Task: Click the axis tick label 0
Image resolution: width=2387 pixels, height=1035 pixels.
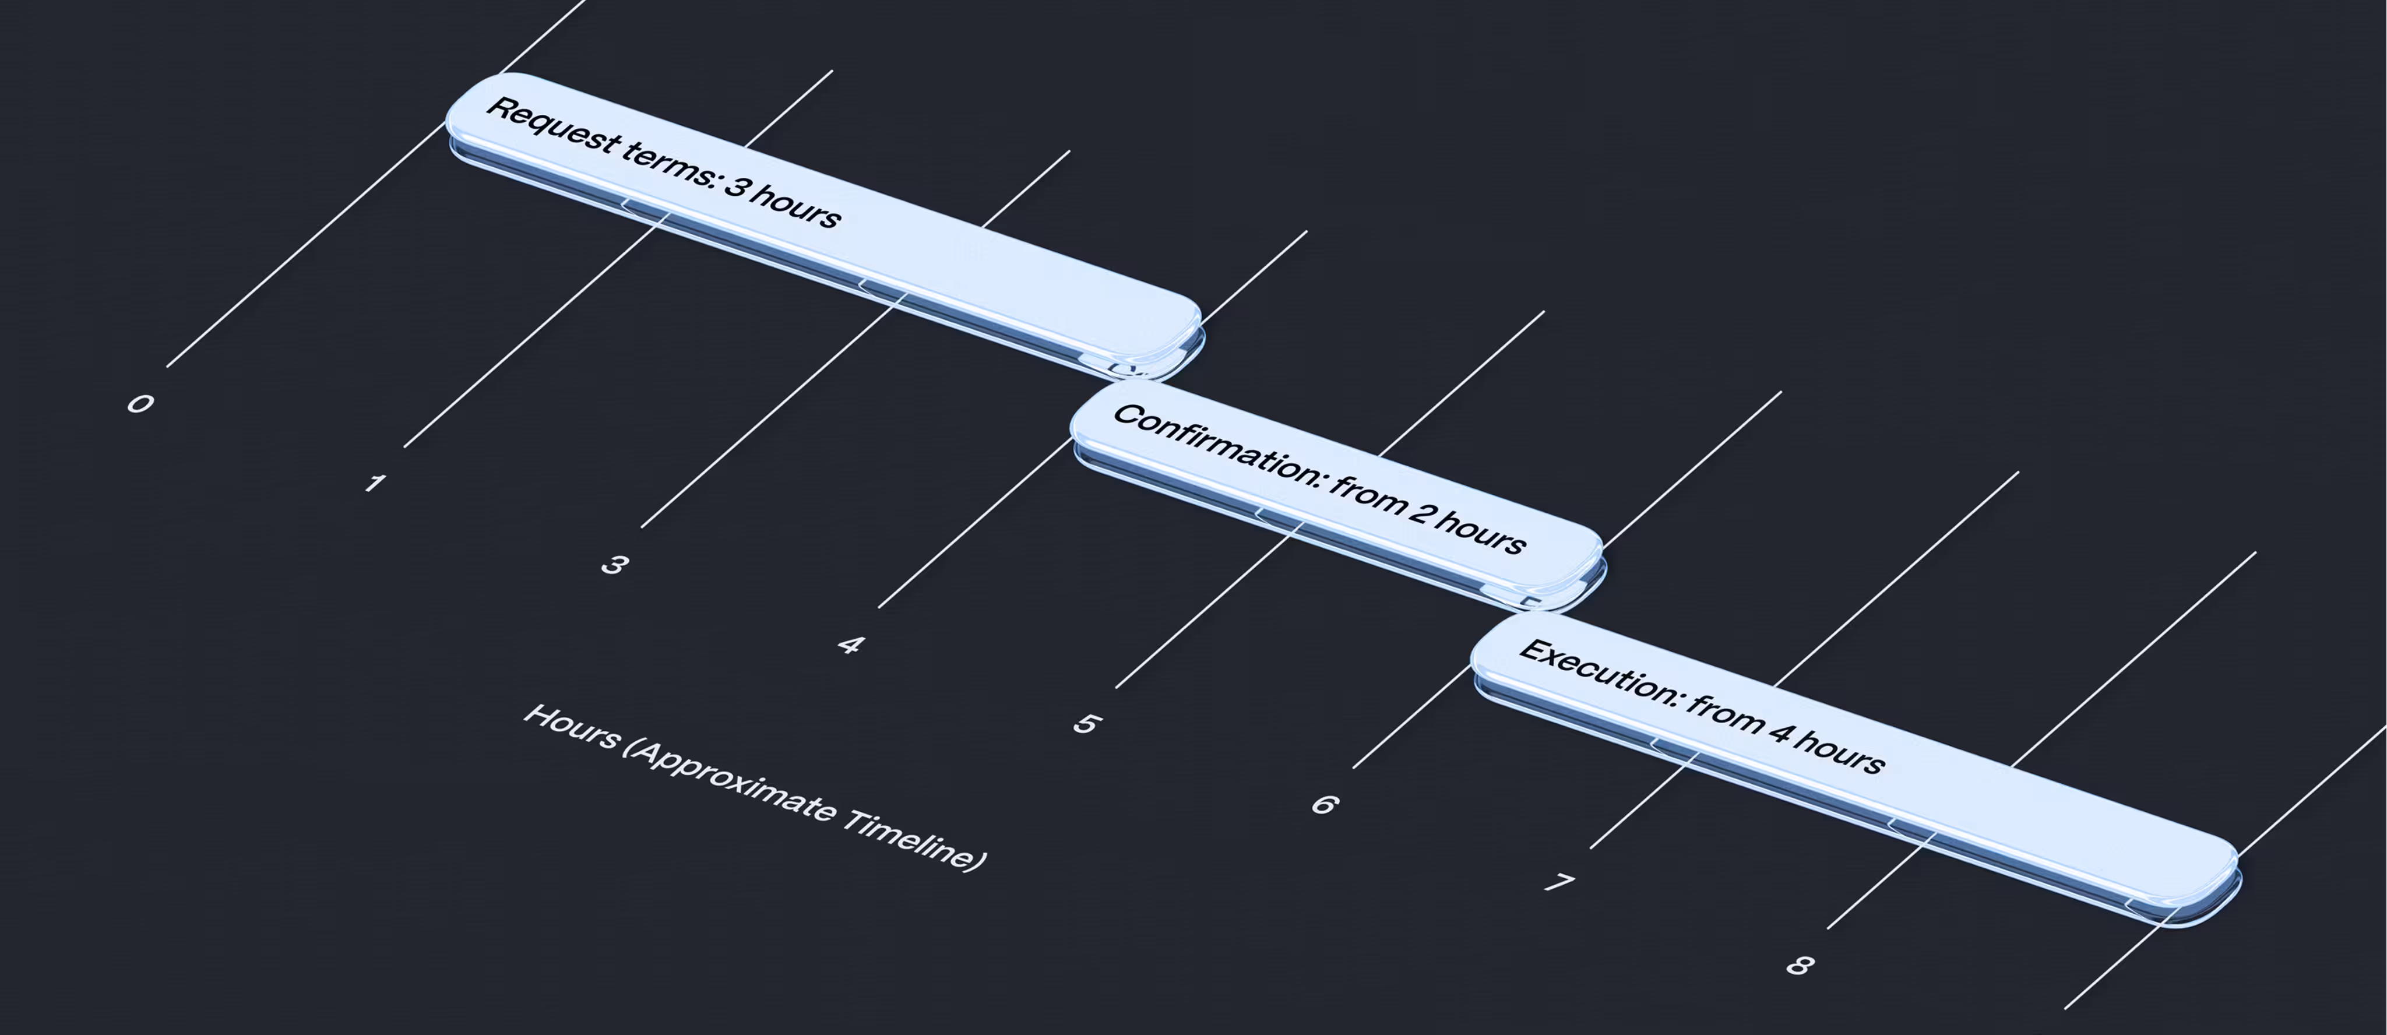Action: (140, 403)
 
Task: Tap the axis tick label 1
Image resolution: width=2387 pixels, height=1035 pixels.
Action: (374, 483)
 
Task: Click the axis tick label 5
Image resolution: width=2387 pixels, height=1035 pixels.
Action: (1087, 724)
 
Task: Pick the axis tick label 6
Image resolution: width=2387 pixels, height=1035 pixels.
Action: (1324, 804)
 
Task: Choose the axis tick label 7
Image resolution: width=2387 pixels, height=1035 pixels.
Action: (1561, 883)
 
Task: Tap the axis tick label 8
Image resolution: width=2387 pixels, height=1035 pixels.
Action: (1798, 964)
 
